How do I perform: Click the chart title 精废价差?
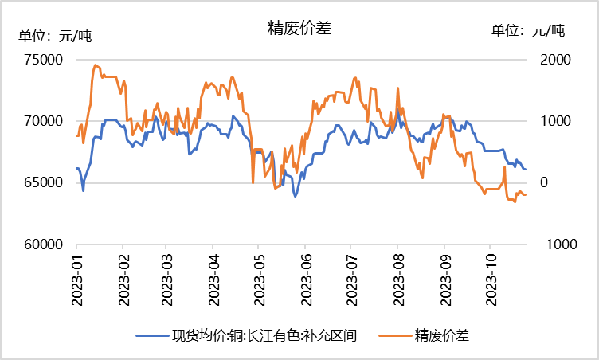point(299,28)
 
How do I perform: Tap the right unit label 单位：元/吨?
point(527,31)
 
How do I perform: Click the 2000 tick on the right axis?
point(557,60)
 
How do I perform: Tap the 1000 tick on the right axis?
point(557,121)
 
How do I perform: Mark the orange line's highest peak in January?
point(96,65)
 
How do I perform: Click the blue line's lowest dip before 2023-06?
point(296,195)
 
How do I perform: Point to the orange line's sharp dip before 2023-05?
point(253,182)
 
